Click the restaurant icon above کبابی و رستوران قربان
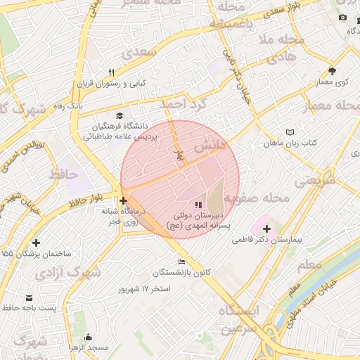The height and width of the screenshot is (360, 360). coord(111,72)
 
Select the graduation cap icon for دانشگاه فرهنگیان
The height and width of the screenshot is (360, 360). coord(120,116)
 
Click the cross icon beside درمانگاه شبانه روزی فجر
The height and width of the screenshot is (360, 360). coord(124,201)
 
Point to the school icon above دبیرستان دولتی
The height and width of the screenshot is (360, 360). coord(196,205)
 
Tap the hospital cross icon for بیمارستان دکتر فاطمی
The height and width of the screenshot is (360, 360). coord(266,229)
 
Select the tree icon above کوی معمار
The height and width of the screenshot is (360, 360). coord(332,71)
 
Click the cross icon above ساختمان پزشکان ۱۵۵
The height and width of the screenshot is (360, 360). coord(36,243)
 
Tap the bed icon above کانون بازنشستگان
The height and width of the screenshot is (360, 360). coord(182,262)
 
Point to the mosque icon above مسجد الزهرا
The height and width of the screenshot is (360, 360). coord(88,337)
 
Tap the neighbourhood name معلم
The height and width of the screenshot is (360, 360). coord(309,265)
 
